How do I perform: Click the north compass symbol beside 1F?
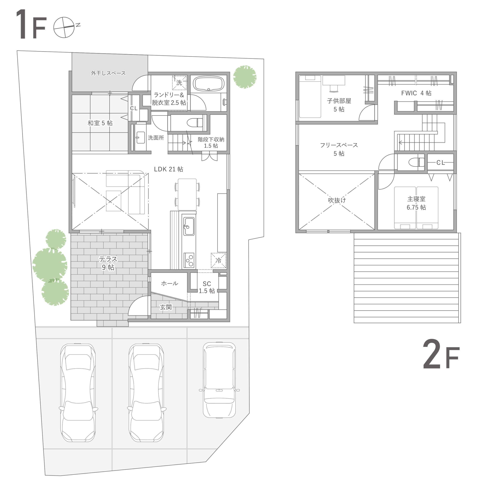click(x=64, y=27)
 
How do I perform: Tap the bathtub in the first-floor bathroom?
click(x=209, y=84)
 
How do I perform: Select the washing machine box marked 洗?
click(x=179, y=82)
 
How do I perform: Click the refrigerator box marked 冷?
click(x=218, y=260)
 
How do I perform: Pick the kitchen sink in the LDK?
click(x=189, y=226)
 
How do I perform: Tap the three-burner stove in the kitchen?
click(x=189, y=260)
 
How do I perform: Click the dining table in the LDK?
click(x=187, y=195)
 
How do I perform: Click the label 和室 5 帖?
click(x=100, y=123)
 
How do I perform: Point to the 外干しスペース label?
click(x=108, y=73)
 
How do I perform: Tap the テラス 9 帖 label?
click(x=108, y=263)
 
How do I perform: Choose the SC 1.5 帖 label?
click(x=207, y=287)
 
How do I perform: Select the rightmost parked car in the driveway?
click(x=219, y=380)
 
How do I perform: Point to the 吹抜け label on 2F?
click(x=337, y=200)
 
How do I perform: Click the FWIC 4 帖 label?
click(x=416, y=93)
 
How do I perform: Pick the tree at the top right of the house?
click(x=245, y=77)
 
